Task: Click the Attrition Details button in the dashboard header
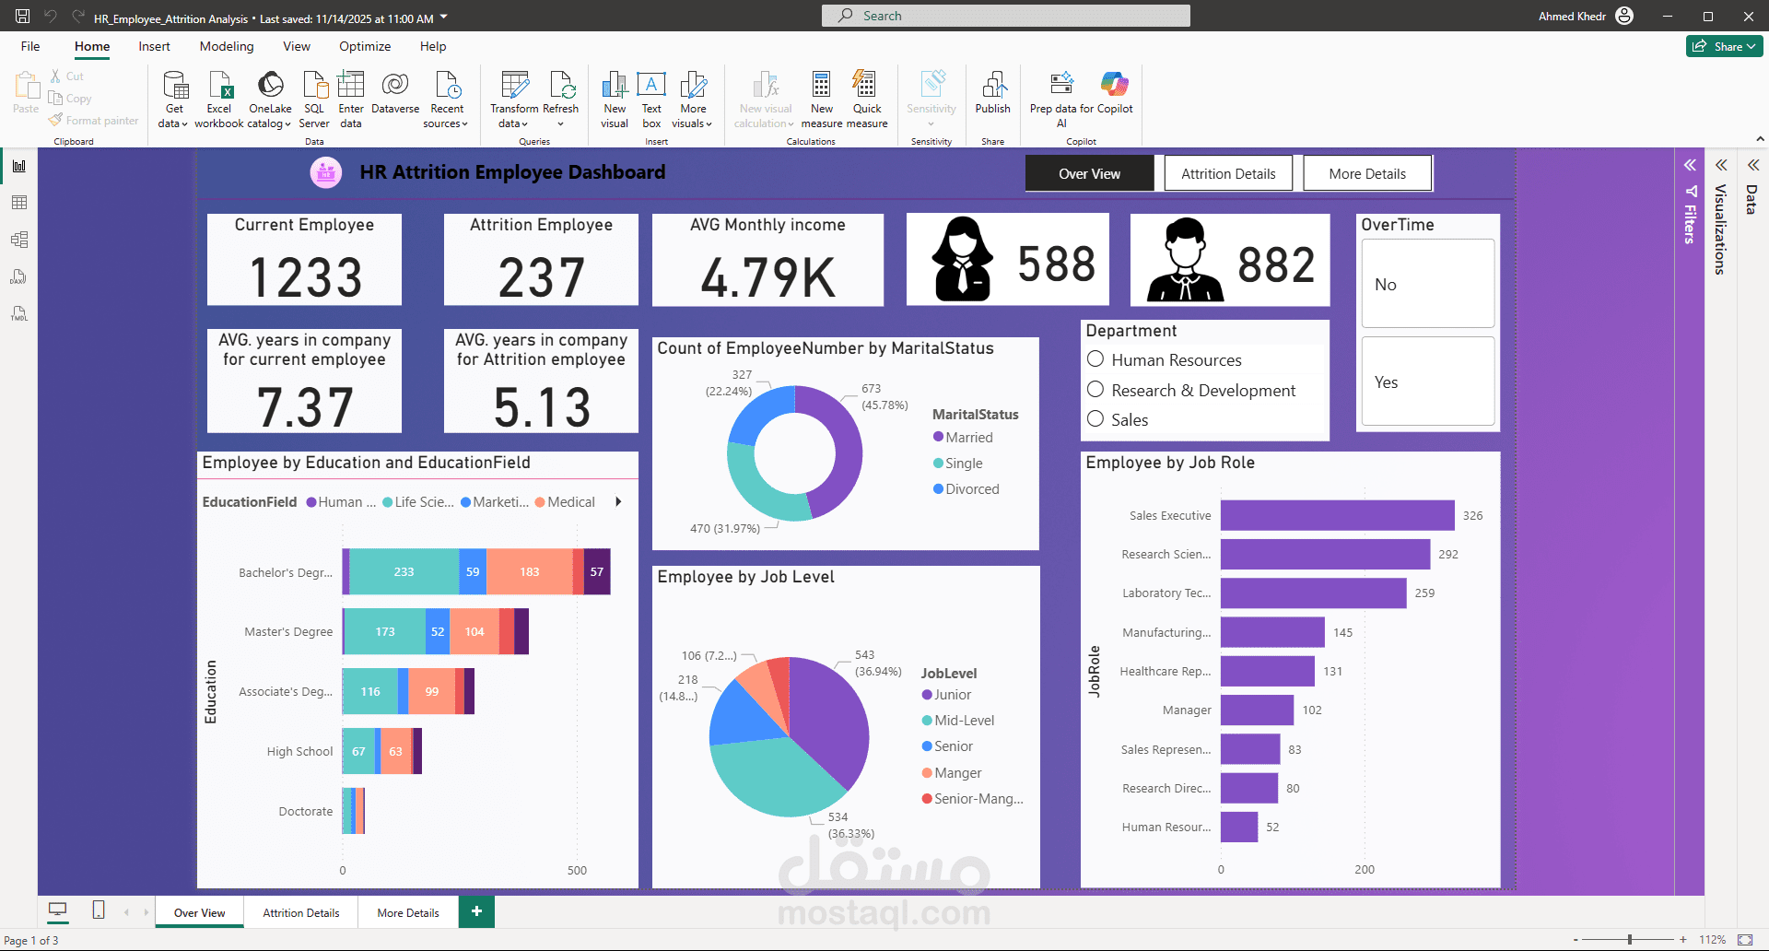click(1228, 173)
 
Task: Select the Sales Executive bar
click(1337, 515)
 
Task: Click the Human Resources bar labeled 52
click(1239, 827)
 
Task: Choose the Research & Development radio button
click(1095, 390)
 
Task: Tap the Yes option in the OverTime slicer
click(1427, 382)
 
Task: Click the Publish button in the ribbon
click(992, 93)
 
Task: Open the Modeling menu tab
click(227, 46)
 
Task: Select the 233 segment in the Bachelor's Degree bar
click(404, 571)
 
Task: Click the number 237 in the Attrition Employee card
click(541, 277)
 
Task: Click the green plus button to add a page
click(476, 911)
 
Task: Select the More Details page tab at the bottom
click(408, 912)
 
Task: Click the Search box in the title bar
click(1005, 16)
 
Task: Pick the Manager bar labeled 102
click(1257, 710)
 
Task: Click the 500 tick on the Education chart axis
click(577, 870)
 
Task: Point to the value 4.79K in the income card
click(767, 277)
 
